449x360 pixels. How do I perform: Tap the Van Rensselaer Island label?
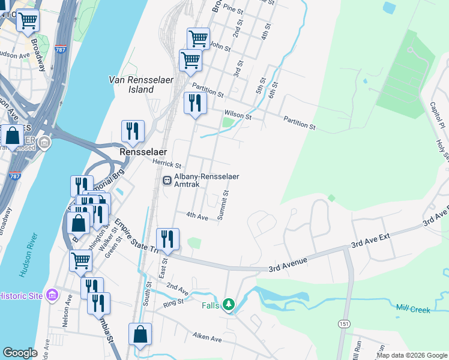(132, 84)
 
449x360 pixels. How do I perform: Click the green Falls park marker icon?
(228, 305)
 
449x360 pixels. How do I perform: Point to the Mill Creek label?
(414, 308)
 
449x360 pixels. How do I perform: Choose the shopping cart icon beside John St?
(198, 39)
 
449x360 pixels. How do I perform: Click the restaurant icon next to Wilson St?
(194, 103)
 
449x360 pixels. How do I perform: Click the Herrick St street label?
(166, 164)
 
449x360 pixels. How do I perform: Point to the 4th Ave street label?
(196, 216)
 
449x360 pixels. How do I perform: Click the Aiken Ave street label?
(207, 339)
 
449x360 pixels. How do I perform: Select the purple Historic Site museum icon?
(52, 295)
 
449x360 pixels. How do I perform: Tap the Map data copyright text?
(412, 355)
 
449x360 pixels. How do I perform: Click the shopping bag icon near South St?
(140, 334)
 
